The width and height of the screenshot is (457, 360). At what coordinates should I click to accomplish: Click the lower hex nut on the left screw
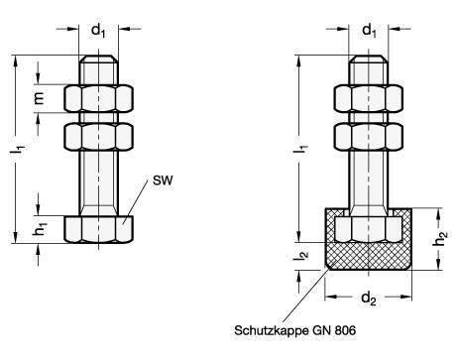(x=98, y=134)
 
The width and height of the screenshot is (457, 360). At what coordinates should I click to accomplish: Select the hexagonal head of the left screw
(x=98, y=227)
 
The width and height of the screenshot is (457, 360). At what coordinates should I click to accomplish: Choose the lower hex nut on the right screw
(x=368, y=134)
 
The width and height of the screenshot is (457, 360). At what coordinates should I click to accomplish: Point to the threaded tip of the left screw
(x=98, y=72)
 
